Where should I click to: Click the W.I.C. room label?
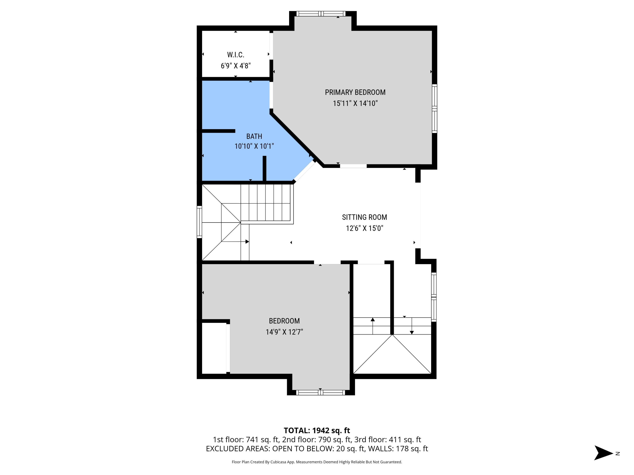(236, 55)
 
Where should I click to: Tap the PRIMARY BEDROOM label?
(355, 92)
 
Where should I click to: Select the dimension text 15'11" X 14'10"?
(355, 103)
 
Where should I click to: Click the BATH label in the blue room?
(254, 136)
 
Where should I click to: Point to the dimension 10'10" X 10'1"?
(254, 146)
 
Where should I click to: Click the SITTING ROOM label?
(364, 217)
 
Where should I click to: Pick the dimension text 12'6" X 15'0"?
(364, 228)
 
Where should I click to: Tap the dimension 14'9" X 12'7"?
(284, 332)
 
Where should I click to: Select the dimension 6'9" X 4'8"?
(236, 66)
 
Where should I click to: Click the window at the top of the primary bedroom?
(321, 14)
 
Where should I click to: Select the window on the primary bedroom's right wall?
(435, 109)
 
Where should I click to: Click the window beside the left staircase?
(199, 222)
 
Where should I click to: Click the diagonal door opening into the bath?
(304, 171)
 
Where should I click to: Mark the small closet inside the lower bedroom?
(214, 348)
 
